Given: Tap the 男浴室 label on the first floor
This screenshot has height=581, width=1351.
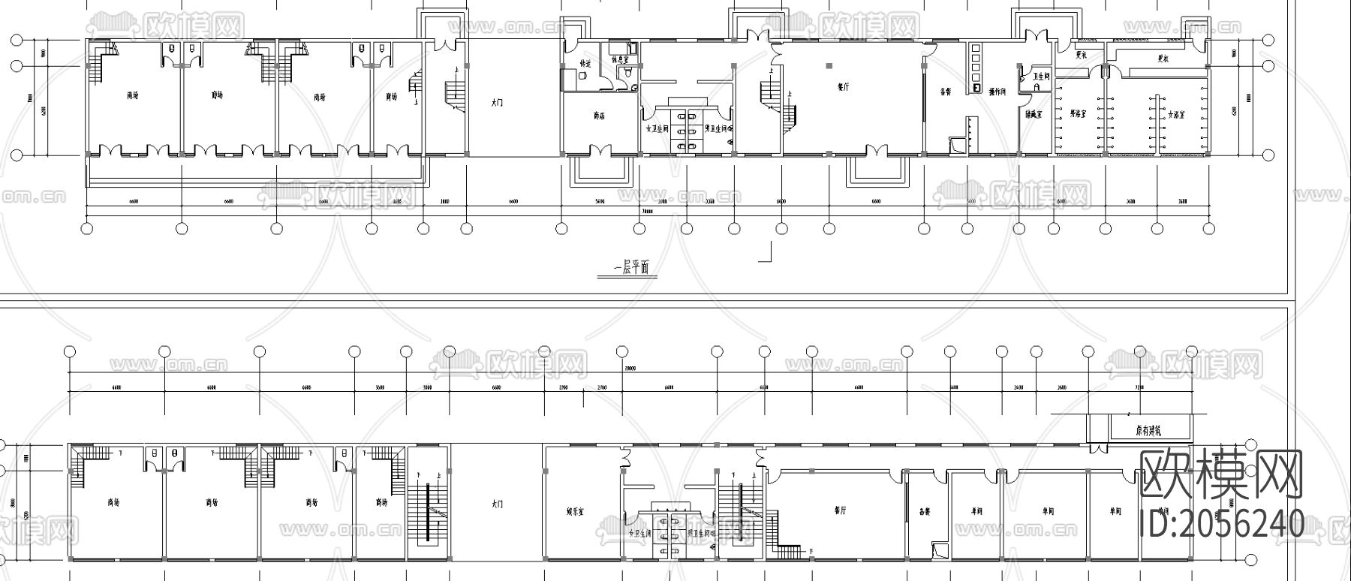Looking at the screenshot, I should click(1079, 114).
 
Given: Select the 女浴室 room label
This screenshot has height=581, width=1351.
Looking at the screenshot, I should click(1175, 115).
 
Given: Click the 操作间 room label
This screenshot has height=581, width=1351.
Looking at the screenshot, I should click(997, 92).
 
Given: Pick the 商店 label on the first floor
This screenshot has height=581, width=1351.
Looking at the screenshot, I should click(599, 116).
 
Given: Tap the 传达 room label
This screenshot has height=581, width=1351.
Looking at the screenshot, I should click(586, 64).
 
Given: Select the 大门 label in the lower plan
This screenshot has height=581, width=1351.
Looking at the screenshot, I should click(496, 504).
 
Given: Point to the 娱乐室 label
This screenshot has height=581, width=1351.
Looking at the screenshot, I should click(576, 510).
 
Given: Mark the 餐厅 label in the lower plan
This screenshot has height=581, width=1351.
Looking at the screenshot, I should click(839, 510).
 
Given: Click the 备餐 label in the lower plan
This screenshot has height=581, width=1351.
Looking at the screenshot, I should click(925, 511).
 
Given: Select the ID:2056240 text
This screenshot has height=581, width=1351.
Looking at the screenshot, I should click(1221, 523).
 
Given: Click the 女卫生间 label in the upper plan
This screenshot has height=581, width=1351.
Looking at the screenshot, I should click(657, 128).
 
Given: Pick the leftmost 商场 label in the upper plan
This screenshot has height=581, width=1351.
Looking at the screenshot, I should click(133, 95).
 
